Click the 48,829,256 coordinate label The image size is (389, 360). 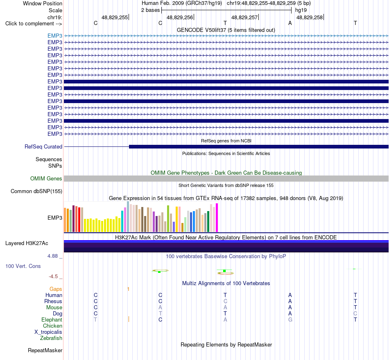point(180,17)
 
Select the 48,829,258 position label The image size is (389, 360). point(310,17)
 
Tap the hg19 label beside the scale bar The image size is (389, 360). point(301,10)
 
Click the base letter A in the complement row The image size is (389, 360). point(290,23)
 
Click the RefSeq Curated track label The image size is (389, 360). point(43,146)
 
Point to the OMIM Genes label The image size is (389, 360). point(46,178)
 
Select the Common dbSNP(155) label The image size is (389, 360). point(36,191)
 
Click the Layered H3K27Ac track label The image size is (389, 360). point(27,243)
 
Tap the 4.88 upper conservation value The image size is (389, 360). point(52,256)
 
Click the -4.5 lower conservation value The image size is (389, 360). point(53,277)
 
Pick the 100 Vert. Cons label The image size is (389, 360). point(23,266)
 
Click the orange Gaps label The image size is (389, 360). point(56,289)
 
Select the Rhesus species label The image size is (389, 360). point(53,301)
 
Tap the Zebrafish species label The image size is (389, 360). point(51,338)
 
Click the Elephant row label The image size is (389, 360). point(52,319)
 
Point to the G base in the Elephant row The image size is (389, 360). point(290,319)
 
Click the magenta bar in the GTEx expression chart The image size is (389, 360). point(217,218)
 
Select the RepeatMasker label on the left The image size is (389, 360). point(45,350)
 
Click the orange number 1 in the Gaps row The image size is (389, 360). point(128,289)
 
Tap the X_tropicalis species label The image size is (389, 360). point(48,332)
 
